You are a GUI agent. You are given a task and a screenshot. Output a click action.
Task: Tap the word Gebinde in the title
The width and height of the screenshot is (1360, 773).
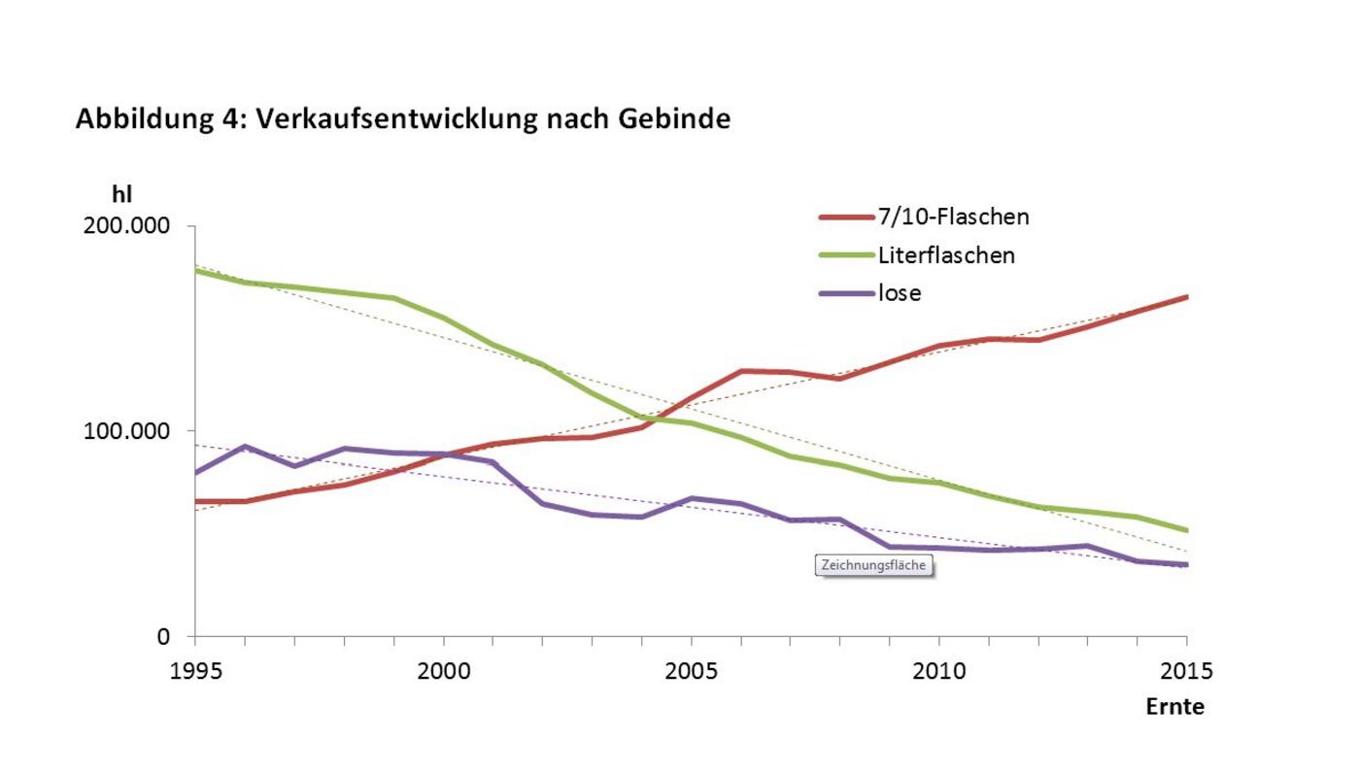click(x=677, y=119)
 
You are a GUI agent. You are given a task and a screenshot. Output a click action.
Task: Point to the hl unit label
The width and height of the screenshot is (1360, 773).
click(x=122, y=194)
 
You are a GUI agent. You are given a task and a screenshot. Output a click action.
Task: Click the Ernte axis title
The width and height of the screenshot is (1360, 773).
click(x=1174, y=707)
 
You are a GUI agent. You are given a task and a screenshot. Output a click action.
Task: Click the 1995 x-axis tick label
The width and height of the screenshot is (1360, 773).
click(x=195, y=671)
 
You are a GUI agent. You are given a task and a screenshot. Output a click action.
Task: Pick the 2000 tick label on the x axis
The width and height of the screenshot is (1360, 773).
click(x=443, y=671)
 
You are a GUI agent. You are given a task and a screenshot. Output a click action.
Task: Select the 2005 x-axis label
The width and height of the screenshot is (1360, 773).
click(x=691, y=671)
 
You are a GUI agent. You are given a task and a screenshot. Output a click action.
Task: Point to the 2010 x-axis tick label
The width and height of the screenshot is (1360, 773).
click(x=938, y=671)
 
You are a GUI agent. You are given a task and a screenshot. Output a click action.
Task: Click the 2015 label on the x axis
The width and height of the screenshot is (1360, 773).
click(x=1185, y=671)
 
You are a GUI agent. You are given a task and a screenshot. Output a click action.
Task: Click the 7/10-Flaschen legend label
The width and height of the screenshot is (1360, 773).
click(x=953, y=217)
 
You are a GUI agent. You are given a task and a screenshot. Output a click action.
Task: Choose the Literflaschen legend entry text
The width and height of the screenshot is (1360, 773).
click(x=946, y=255)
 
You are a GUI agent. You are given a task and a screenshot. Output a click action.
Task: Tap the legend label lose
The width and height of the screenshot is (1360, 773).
click(x=900, y=292)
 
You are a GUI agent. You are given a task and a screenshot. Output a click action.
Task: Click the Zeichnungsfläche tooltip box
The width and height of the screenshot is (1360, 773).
click(x=873, y=565)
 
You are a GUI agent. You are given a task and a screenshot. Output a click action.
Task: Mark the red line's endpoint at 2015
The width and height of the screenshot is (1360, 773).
click(x=1186, y=296)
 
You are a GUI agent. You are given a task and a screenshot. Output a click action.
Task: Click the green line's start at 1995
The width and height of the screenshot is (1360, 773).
click(x=195, y=270)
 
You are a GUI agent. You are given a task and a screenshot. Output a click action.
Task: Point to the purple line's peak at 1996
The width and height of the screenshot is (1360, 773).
click(x=246, y=447)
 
